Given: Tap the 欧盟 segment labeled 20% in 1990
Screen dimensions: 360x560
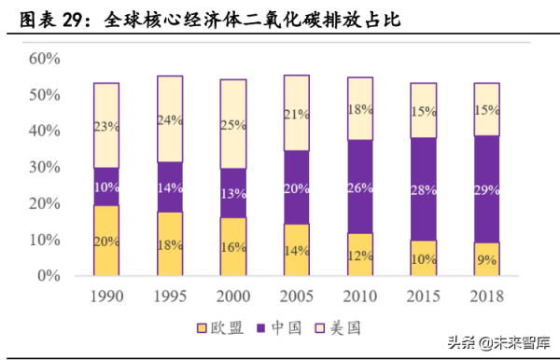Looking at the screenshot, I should pyautogui.click(x=106, y=241).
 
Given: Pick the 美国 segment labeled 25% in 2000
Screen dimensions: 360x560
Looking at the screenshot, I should pyautogui.click(x=232, y=123).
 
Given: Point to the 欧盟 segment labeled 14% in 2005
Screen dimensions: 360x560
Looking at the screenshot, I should pyautogui.click(x=296, y=250).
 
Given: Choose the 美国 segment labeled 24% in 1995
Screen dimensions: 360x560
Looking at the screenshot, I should pyautogui.click(x=169, y=119).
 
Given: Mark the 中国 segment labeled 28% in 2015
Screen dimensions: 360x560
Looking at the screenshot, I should pyautogui.click(x=423, y=189).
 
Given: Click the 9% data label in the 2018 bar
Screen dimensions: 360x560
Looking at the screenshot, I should pyautogui.click(x=486, y=261).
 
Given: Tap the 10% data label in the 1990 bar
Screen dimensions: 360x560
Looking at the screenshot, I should pyautogui.click(x=106, y=187).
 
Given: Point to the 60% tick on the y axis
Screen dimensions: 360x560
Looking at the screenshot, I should pyautogui.click(x=44, y=59).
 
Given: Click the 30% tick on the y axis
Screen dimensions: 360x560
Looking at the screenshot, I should pyautogui.click(x=44, y=168).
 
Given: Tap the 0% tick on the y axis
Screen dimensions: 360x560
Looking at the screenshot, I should pyautogui.click(x=49, y=276).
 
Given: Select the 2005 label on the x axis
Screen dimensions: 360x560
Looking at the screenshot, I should pyautogui.click(x=296, y=296).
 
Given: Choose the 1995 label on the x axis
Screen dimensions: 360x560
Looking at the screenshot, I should pyautogui.click(x=169, y=296).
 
